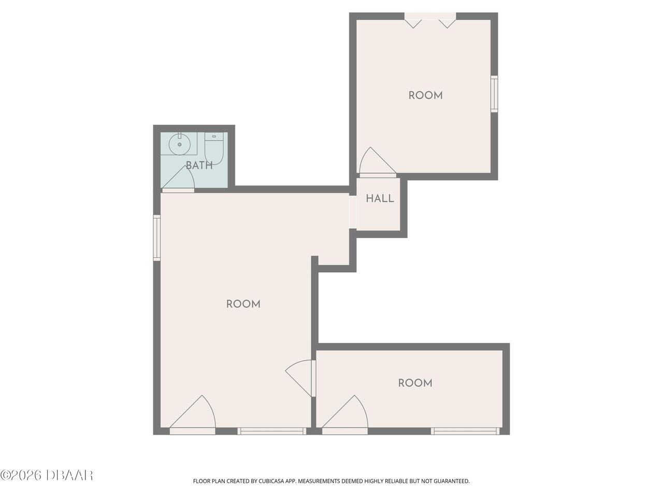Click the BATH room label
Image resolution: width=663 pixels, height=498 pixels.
click(199, 165)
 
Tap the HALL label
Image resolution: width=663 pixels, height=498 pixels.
click(380, 198)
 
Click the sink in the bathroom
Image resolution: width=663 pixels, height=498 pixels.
click(179, 144)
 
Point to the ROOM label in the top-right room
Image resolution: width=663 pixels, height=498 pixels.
click(425, 95)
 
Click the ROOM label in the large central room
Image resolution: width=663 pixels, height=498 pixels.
click(243, 304)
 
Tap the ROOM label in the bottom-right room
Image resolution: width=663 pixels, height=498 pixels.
click(415, 383)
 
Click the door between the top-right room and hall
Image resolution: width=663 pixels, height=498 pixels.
click(378, 162)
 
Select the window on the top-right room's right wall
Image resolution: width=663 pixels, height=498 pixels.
click(494, 94)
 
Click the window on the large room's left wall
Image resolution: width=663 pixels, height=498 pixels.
click(157, 238)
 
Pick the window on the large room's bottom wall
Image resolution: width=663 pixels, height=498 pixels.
click(272, 431)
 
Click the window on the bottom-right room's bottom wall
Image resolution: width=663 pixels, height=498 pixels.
click(466, 431)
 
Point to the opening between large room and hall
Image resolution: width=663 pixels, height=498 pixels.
click(353, 212)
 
